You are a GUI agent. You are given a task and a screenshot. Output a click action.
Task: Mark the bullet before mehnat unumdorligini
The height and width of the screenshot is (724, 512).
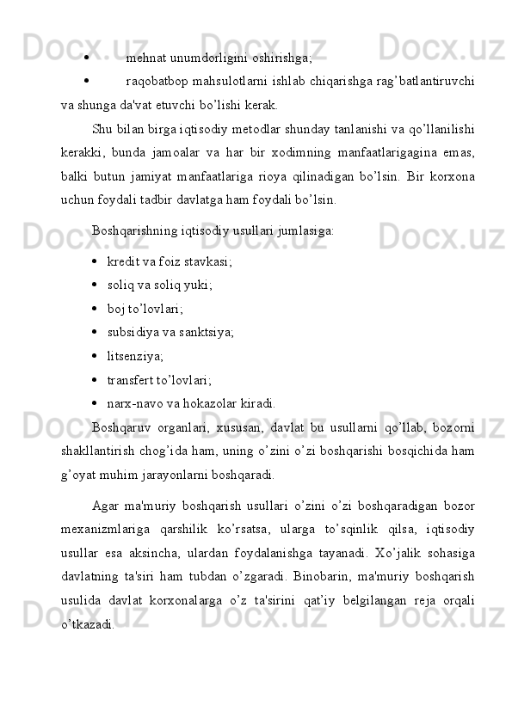[89, 59]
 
